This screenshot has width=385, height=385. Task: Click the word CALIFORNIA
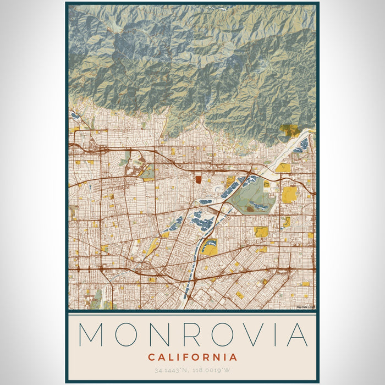click(x=193, y=358)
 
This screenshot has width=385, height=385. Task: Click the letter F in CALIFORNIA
click(x=185, y=358)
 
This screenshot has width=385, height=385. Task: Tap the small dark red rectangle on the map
click(x=199, y=179)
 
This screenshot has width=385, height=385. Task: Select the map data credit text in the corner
click(x=306, y=307)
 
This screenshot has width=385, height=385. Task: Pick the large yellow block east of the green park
click(x=289, y=194)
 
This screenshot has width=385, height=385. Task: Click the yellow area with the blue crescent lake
click(x=210, y=246)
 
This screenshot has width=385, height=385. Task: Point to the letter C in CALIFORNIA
click(x=151, y=358)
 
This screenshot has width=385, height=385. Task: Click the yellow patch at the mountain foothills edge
click(x=289, y=130)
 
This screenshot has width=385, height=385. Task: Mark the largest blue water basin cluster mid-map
click(x=202, y=223)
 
